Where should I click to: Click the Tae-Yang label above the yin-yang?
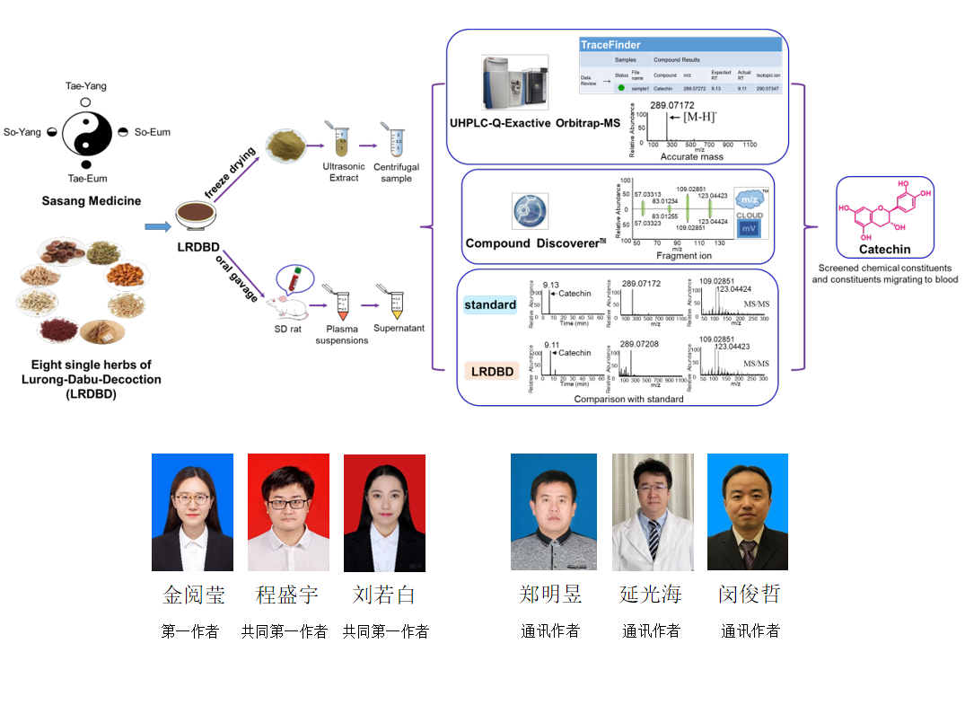click(85, 85)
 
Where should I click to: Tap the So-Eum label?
click(152, 132)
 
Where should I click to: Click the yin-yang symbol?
click(86, 132)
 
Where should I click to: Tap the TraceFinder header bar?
click(680, 44)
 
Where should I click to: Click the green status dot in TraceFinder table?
click(619, 88)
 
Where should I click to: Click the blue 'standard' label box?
click(490, 304)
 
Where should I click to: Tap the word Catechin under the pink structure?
click(884, 249)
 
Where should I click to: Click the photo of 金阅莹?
click(192, 511)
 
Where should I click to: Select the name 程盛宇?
click(286, 595)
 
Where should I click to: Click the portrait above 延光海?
click(652, 511)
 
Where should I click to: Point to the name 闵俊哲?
click(750, 595)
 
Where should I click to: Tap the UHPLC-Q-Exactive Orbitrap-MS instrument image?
click(513, 84)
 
